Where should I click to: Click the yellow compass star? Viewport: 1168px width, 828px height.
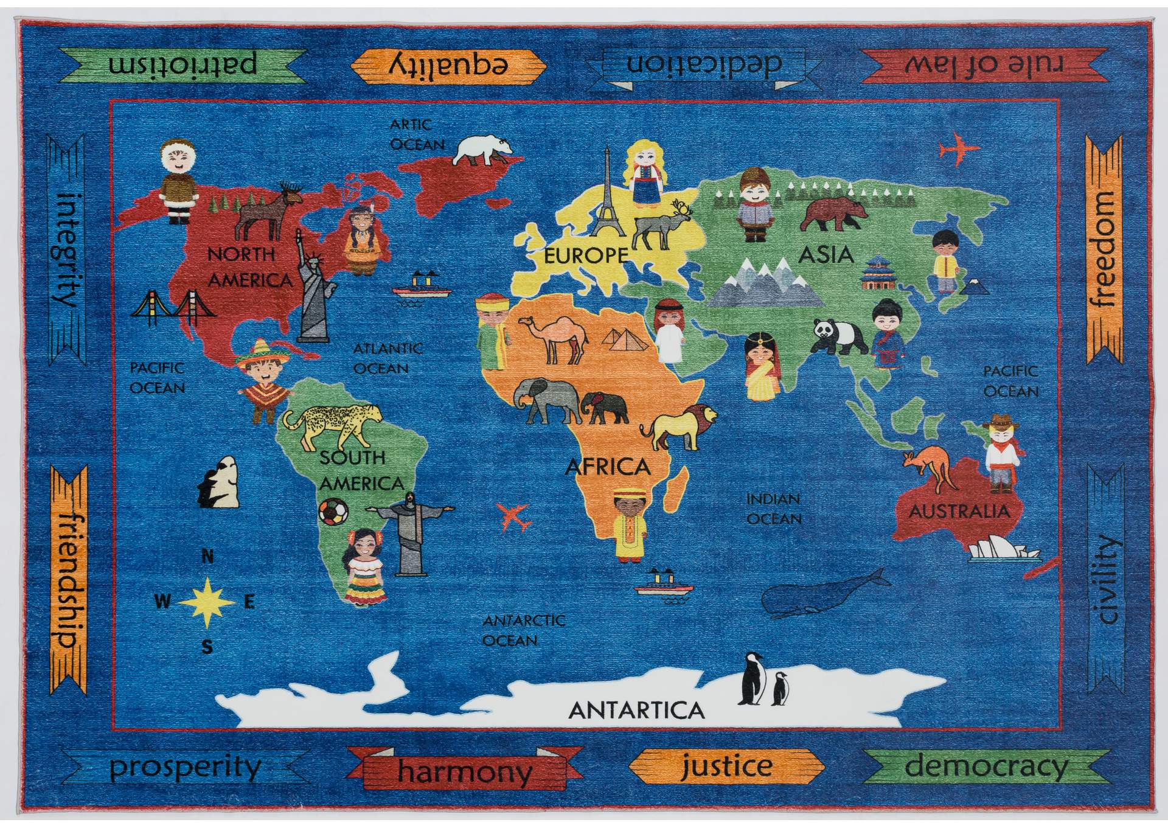click(207, 602)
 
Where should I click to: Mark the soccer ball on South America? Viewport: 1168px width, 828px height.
click(333, 512)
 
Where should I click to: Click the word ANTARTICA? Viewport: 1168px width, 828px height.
click(636, 711)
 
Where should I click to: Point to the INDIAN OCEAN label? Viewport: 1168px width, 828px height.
click(774, 509)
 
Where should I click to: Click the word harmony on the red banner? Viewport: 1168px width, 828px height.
click(465, 772)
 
